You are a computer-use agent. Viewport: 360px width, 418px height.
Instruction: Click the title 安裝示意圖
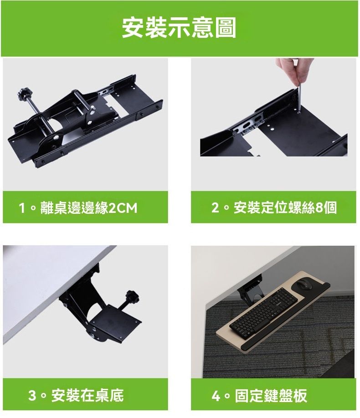pos(179,28)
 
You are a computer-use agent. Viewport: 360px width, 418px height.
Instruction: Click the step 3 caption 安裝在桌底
pos(87,395)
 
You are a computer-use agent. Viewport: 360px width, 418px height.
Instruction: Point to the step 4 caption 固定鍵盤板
pos(271,395)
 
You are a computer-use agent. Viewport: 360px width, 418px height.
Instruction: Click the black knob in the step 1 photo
pos(24,94)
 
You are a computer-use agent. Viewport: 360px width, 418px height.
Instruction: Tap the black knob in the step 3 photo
pos(132,296)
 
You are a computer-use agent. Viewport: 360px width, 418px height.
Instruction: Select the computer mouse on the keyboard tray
pos(304,285)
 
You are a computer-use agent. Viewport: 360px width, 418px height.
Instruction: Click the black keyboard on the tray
pos(263,310)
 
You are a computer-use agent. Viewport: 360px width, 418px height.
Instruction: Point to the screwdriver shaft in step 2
pos(298,98)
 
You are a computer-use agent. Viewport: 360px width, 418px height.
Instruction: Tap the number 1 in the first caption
pos(22,208)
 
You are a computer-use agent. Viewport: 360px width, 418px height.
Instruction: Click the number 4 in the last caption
pos(216,396)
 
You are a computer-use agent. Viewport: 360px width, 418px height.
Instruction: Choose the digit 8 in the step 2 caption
pos(319,208)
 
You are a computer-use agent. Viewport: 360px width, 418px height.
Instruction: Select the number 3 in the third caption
pos(32,395)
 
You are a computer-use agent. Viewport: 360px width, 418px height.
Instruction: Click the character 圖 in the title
pos(226,28)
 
